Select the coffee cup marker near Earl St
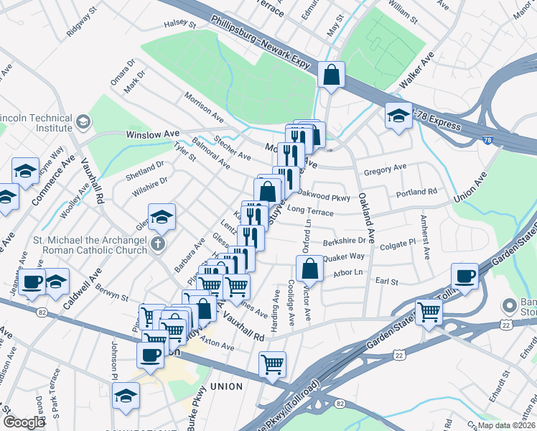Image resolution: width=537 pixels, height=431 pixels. pyautogui.click(x=464, y=276)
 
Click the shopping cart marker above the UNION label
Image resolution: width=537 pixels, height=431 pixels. pyautogui.click(x=272, y=363)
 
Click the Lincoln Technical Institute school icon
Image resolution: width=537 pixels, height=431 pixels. pyautogui.click(x=84, y=122)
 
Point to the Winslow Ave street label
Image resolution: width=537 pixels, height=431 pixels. pyautogui.click(x=152, y=134)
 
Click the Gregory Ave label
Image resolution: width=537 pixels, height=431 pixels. pyautogui.click(x=385, y=169)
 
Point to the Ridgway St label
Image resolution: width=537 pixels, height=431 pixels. pyautogui.click(x=81, y=22)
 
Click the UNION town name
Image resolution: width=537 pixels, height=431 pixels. pyautogui.click(x=226, y=386)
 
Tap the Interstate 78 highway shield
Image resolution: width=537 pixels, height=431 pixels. pyautogui.click(x=487, y=140)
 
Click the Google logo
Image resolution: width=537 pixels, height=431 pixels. pyautogui.click(x=24, y=422)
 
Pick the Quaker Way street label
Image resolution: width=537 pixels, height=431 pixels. pyautogui.click(x=343, y=257)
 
